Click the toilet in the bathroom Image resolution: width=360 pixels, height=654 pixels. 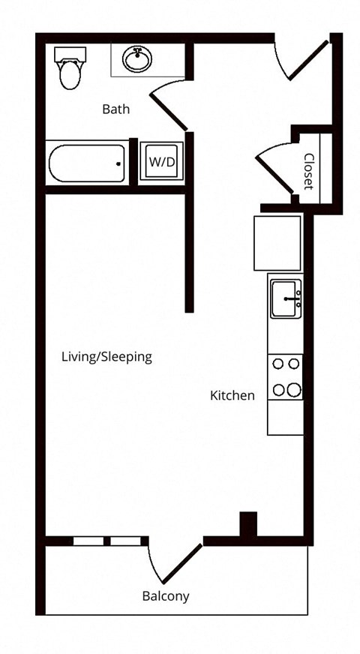pyautogui.click(x=70, y=68)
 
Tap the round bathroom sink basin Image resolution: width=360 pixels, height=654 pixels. pyautogui.click(x=136, y=59)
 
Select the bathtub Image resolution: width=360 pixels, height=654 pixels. pyautogui.click(x=87, y=163)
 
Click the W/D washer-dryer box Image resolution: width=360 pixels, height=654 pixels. pyautogui.click(x=162, y=161)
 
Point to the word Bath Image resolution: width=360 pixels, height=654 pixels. pyautogui.click(x=116, y=109)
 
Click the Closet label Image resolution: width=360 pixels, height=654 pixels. pyautogui.click(x=309, y=172)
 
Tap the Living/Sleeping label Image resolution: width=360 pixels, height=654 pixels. pyautogui.click(x=106, y=357)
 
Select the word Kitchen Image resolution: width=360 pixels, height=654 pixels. pyautogui.click(x=232, y=395)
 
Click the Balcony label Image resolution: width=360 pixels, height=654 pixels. pyautogui.click(x=166, y=596)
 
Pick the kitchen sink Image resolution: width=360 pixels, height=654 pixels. pyautogui.click(x=286, y=298)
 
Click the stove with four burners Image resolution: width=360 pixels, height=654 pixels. pyautogui.click(x=285, y=377)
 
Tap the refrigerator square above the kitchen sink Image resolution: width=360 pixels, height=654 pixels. pyautogui.click(x=277, y=243)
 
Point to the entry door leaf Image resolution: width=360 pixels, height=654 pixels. pyautogui.click(x=308, y=60)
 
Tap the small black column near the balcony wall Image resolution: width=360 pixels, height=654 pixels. pyautogui.click(x=248, y=523)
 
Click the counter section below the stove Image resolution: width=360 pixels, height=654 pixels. pyautogui.click(x=285, y=418)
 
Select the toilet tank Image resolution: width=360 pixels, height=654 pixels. pyautogui.click(x=70, y=54)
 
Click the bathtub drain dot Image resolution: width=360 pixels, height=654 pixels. pyautogui.click(x=119, y=164)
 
